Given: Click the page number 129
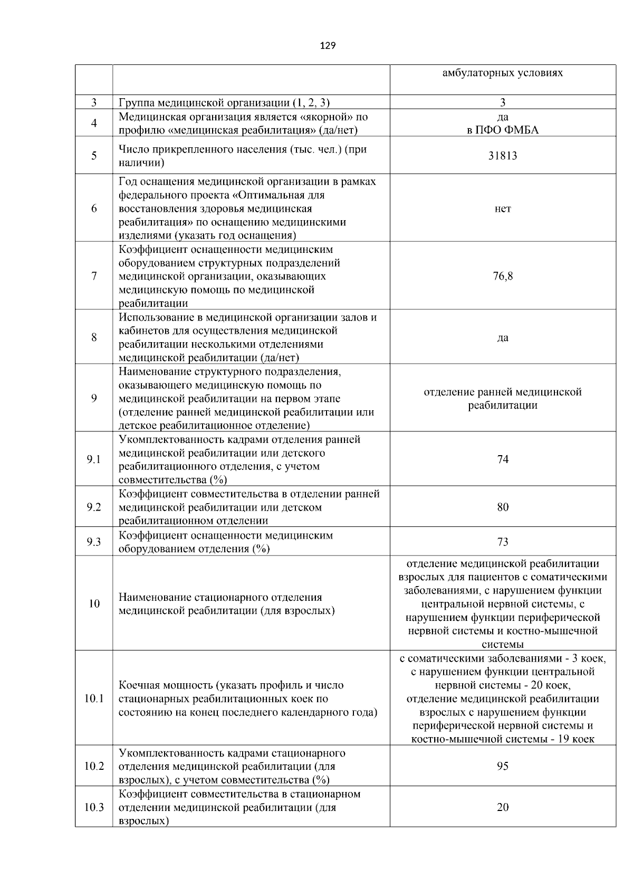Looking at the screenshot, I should coord(328,45).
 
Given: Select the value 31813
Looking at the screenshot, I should coord(502,156).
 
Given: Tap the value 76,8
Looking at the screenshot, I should coord(502,276).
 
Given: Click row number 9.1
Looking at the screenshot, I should coord(94,459).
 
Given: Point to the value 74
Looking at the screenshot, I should coord(502,459).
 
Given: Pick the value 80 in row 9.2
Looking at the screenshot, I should coord(502,507).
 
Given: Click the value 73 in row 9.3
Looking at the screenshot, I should coord(502,542).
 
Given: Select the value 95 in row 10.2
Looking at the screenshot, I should coord(502,766).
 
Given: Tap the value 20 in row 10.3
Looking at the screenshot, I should coord(502,807).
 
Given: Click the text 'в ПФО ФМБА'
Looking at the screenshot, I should coord(502,130).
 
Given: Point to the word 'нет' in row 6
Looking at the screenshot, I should coord(502,209).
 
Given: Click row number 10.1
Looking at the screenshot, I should coord(94,699).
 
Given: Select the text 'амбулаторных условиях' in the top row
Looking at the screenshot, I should coord(502,73).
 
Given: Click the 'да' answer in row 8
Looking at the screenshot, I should coord(502,337).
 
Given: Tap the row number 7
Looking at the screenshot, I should coord(94,276).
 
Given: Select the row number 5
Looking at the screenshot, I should coord(94,156).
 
